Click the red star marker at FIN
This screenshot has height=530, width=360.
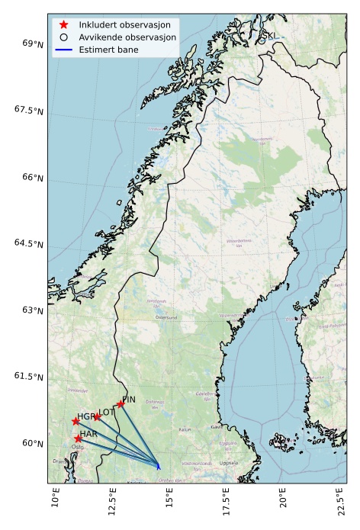tap(121, 404)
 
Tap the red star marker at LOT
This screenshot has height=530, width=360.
tap(97, 416)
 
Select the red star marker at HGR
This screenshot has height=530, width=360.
tap(76, 421)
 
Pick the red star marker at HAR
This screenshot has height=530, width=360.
tap(78, 438)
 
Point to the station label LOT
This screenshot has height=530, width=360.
tap(106, 412)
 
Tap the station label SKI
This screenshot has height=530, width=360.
tap(269, 36)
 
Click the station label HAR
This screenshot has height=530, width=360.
tap(88, 434)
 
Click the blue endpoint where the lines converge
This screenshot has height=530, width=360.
tap(158, 465)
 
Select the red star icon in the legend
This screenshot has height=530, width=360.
tap(64, 25)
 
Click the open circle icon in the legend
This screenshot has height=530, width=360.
tap(64, 37)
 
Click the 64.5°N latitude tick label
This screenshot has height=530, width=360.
tap(28, 243)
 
